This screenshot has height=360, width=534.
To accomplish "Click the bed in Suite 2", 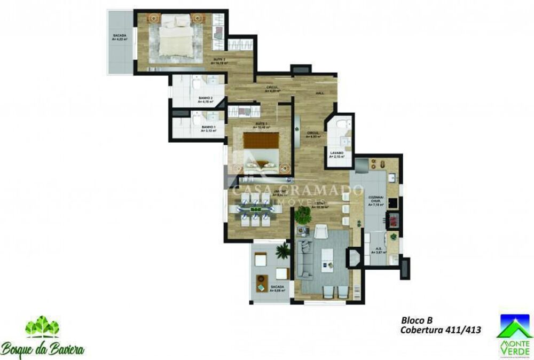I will (176, 37).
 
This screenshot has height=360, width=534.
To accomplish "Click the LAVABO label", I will (336, 154).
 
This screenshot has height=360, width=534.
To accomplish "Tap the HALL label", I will (320, 93).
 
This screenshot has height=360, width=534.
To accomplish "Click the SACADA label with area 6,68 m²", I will (277, 288).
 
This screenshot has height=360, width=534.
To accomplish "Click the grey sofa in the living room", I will (305, 259).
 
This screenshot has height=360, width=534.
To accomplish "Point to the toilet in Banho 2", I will (197, 83).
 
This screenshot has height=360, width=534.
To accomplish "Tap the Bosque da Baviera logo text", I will (43, 350).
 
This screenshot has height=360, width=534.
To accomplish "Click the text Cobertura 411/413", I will (441, 330).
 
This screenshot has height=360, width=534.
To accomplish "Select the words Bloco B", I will (417, 320).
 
